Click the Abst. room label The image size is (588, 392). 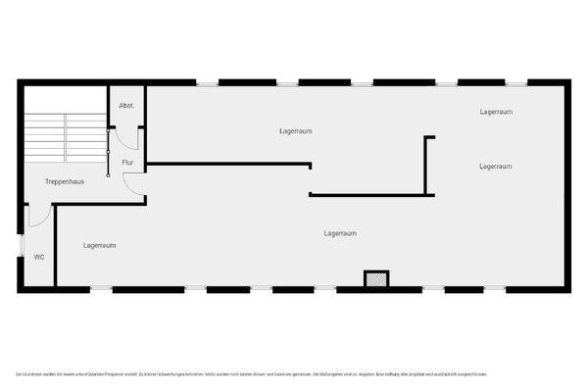click(126, 105)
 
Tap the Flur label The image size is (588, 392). click(127, 162)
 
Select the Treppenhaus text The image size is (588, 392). click(63, 182)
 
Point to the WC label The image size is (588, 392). click(39, 257)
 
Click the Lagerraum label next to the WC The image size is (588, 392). click(100, 245)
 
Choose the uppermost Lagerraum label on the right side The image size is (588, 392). click(497, 112)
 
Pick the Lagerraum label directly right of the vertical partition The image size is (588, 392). click(496, 167)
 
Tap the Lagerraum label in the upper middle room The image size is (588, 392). click(295, 130)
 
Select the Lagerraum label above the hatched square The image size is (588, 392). click(340, 233)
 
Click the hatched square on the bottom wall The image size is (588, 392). click(374, 279)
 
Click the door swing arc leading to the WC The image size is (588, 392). click(37, 218)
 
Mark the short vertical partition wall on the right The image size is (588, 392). click(425, 165)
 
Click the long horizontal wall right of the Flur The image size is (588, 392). click(227, 165)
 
